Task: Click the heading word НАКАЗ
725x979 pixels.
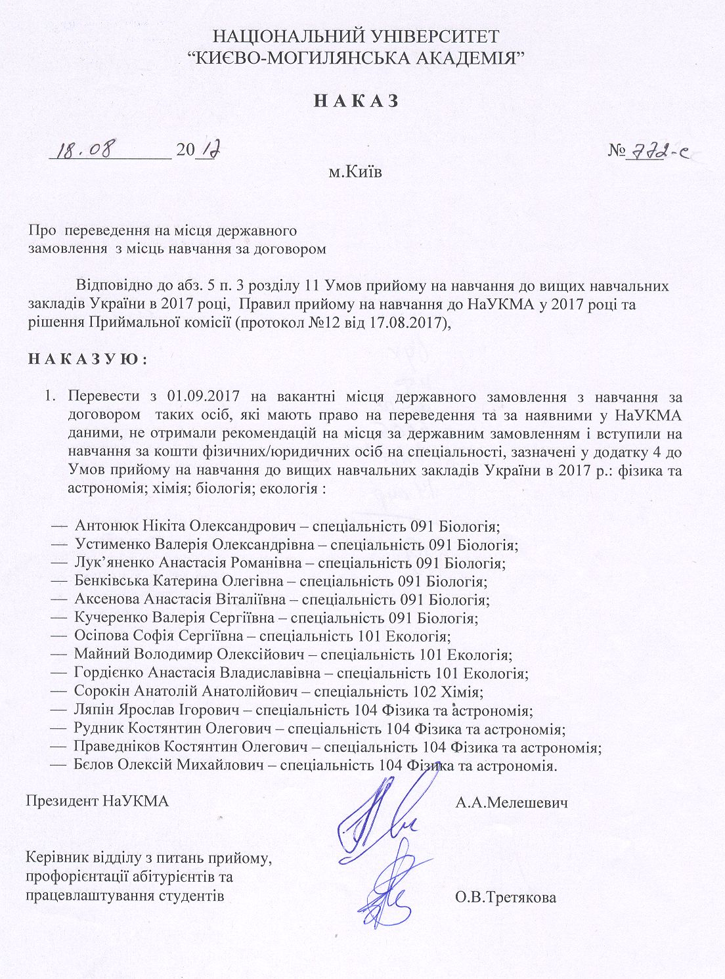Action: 356,101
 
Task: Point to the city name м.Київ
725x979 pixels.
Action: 355,173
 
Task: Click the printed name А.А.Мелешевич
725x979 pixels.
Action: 511,802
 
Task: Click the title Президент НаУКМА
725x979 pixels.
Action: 98,802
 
